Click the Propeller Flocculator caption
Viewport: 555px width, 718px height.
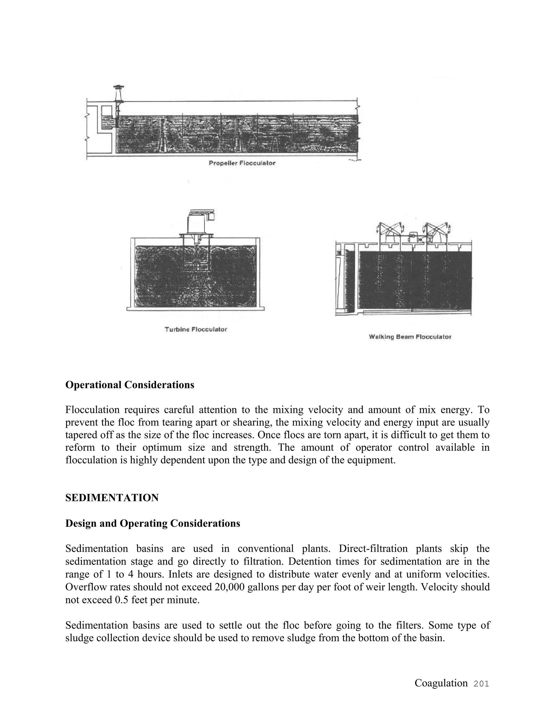coord(242,163)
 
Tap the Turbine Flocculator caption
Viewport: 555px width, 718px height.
coord(196,329)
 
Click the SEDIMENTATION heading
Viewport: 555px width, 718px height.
coord(112,498)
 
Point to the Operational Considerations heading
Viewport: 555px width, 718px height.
coord(130,385)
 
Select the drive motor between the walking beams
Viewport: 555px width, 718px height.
coord(413,238)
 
